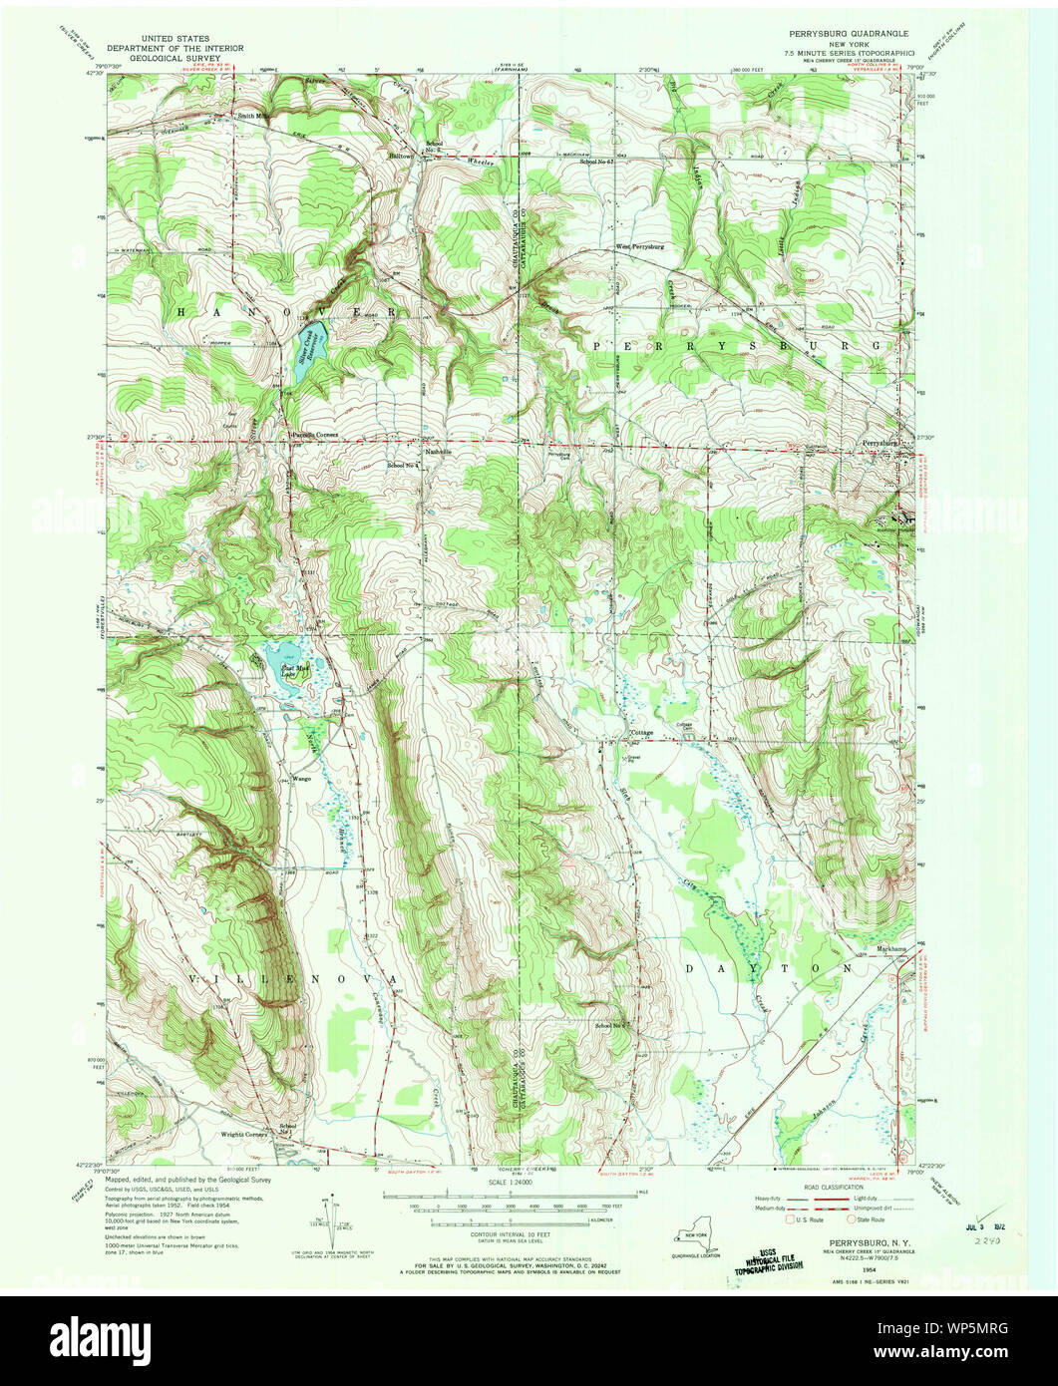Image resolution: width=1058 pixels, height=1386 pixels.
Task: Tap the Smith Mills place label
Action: pos(253,115)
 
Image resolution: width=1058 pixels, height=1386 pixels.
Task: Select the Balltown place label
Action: pos(402,156)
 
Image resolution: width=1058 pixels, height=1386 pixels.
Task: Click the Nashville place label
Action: pos(439,452)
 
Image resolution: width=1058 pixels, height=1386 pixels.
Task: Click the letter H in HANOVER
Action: pos(182,312)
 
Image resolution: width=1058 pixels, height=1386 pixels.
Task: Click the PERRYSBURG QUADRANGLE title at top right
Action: pos(844,33)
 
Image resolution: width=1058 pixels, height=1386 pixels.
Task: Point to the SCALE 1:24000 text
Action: pos(510,1183)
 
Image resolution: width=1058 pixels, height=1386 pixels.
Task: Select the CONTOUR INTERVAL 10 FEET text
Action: pos(510,1233)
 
